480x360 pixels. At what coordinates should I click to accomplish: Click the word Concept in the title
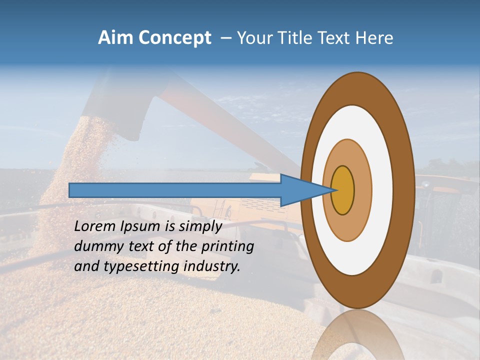coord(174,38)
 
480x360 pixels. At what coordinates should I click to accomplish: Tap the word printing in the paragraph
coord(227,246)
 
